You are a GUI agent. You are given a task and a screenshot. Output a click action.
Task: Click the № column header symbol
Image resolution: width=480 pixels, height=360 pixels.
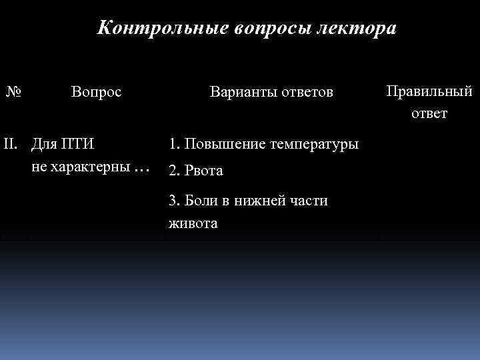coord(14,91)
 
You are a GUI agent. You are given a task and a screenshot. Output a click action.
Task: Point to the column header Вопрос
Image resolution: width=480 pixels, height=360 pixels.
coord(96,91)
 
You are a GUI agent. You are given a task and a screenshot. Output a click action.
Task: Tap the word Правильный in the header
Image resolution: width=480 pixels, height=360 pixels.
coord(429,91)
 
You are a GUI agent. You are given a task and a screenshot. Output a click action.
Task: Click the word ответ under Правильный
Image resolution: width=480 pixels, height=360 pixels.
coord(429,113)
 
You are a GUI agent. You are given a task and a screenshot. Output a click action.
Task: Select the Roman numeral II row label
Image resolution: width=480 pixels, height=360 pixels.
coord(11,143)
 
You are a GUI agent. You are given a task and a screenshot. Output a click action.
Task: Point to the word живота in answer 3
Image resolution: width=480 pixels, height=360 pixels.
coord(193,223)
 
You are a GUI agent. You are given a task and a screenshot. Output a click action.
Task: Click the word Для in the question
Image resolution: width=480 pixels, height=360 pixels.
coord(44,143)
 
